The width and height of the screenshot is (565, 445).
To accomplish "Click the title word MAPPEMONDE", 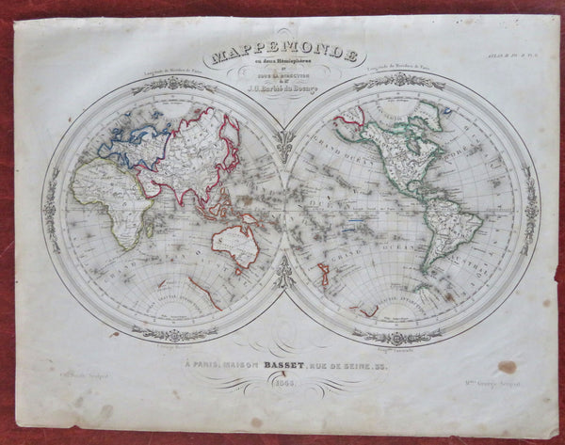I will pos(283,56).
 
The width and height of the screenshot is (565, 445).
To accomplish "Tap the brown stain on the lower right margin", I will pos(507,367).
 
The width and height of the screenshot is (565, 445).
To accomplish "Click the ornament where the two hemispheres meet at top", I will pos(283,140).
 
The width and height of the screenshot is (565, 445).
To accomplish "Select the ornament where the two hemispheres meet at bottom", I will pos(283,274).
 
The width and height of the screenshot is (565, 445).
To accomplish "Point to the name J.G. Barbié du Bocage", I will pos(283,94).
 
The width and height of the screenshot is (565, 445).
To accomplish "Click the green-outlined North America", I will pos(395,151).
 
